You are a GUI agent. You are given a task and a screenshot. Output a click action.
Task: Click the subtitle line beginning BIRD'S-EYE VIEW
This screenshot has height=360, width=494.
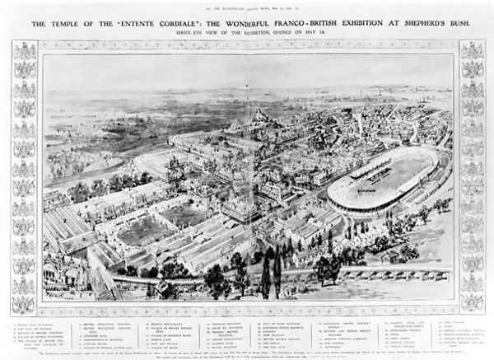click(x=246, y=36)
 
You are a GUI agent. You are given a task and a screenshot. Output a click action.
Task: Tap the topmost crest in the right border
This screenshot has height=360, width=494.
click(x=471, y=51)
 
